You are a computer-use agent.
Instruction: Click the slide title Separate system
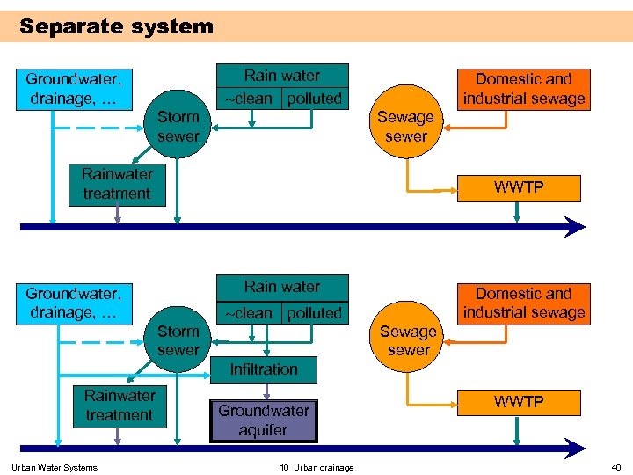[x=116, y=26]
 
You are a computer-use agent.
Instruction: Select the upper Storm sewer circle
[x=178, y=126]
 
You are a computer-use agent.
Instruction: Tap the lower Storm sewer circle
[x=178, y=340]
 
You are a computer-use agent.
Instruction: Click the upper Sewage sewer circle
[x=406, y=126]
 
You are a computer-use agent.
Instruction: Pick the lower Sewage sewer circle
[x=409, y=340]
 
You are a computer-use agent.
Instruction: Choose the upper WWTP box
[x=519, y=188]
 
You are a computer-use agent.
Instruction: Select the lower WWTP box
[x=519, y=402]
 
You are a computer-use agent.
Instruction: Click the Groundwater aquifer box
[x=264, y=420]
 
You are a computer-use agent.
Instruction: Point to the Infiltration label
[x=264, y=369]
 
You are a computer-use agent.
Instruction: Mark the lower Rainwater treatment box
[x=120, y=406]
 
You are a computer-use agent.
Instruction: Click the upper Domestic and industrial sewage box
[x=524, y=89]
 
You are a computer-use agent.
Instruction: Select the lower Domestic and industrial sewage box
[x=524, y=303]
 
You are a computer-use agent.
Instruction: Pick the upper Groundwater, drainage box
[x=73, y=89]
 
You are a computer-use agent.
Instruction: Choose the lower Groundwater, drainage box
[x=73, y=303]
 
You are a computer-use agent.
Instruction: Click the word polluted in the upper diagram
[x=315, y=99]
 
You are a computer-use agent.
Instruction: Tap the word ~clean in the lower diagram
[x=249, y=313]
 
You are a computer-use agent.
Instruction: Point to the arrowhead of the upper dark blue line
[x=577, y=227]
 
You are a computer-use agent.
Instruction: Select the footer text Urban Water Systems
[x=55, y=467]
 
